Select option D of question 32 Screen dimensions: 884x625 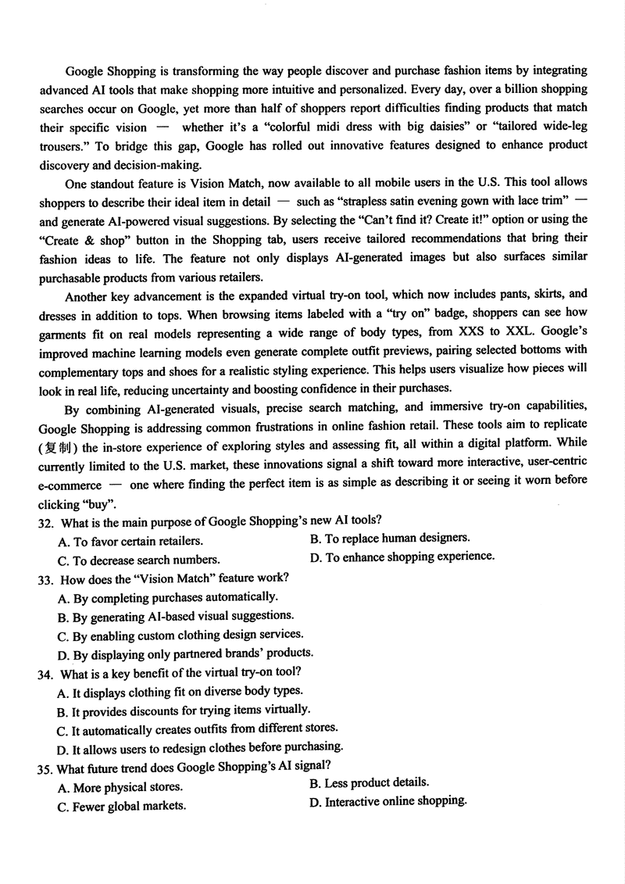pos(402,556)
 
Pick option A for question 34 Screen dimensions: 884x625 pos(180,691)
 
